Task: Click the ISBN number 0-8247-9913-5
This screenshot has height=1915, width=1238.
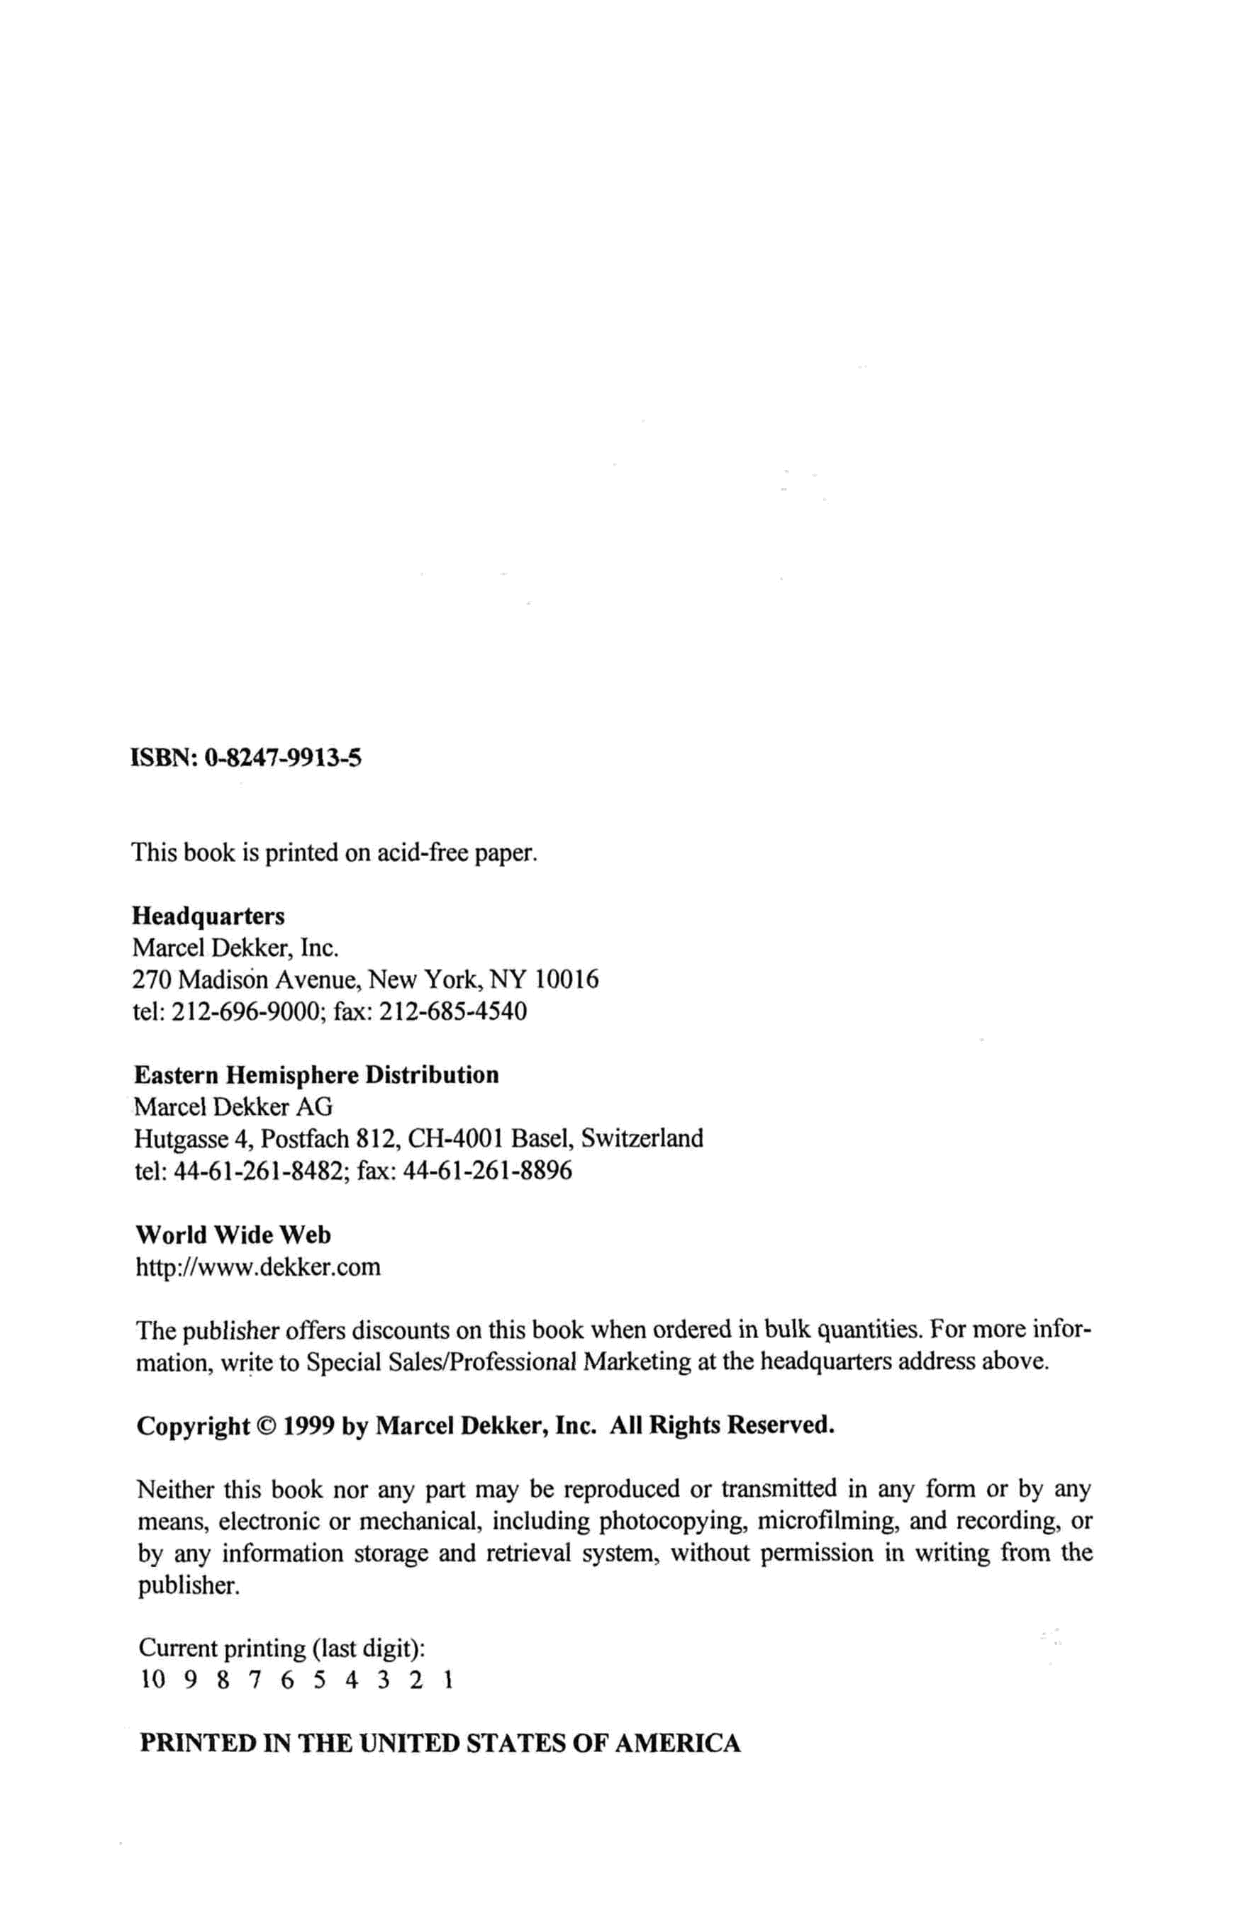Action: pyautogui.click(x=283, y=757)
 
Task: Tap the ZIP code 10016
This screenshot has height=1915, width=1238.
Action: pyautogui.click(x=567, y=979)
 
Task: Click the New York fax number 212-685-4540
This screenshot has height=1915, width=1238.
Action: pyautogui.click(x=452, y=1010)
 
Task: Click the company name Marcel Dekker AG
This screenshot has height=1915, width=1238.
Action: pyautogui.click(x=233, y=1106)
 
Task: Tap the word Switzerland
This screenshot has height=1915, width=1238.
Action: pyautogui.click(x=642, y=1138)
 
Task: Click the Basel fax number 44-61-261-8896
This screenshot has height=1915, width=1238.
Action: pyautogui.click(x=487, y=1170)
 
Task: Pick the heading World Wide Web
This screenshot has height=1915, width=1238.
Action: pyautogui.click(x=233, y=1235)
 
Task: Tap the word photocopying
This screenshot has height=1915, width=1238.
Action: pyautogui.click(x=674, y=1521)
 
